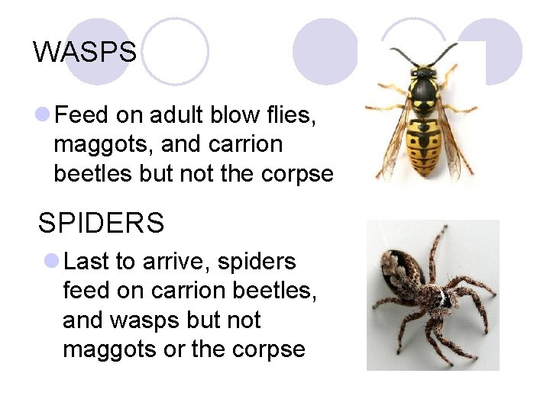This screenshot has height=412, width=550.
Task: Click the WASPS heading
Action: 85,52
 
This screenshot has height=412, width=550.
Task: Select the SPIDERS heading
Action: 101,223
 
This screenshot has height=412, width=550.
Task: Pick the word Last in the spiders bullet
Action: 87,262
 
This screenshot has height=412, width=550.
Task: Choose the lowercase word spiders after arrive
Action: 257,262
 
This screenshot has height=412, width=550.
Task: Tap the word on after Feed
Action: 126,115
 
